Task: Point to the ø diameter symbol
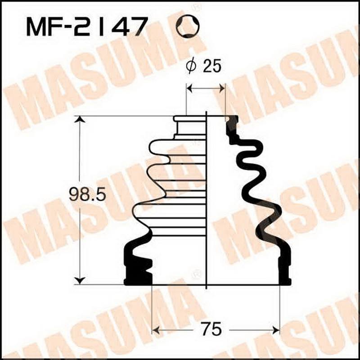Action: pos(190,67)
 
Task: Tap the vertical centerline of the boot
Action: pos(206,202)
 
